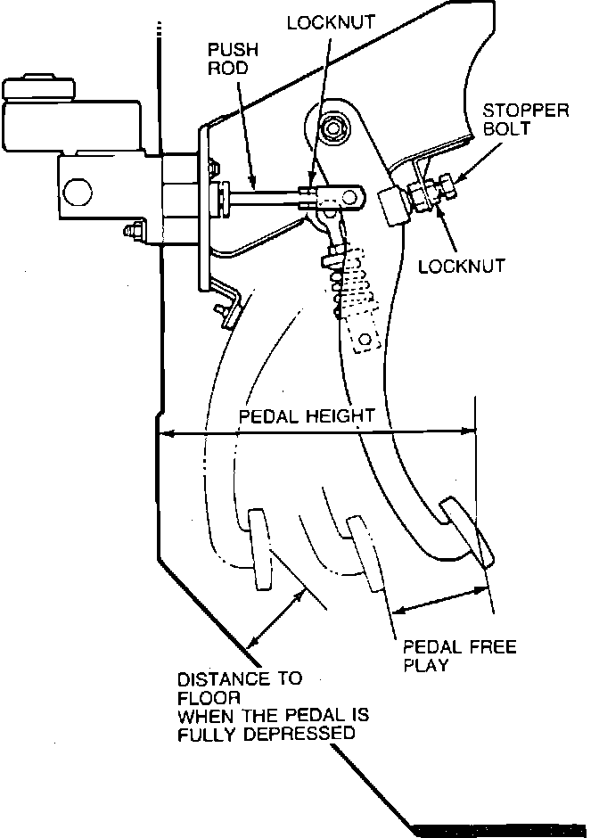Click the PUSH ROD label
point(233,59)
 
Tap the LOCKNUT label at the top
point(331,22)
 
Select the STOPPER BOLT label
point(526,119)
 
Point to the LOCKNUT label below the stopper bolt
point(461,267)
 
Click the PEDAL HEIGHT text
point(306,415)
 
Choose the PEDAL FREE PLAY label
point(460,656)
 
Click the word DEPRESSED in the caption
point(299,733)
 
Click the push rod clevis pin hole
point(350,197)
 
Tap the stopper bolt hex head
point(446,187)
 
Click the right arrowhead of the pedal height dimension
point(469,431)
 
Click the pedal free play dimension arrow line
point(439,600)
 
